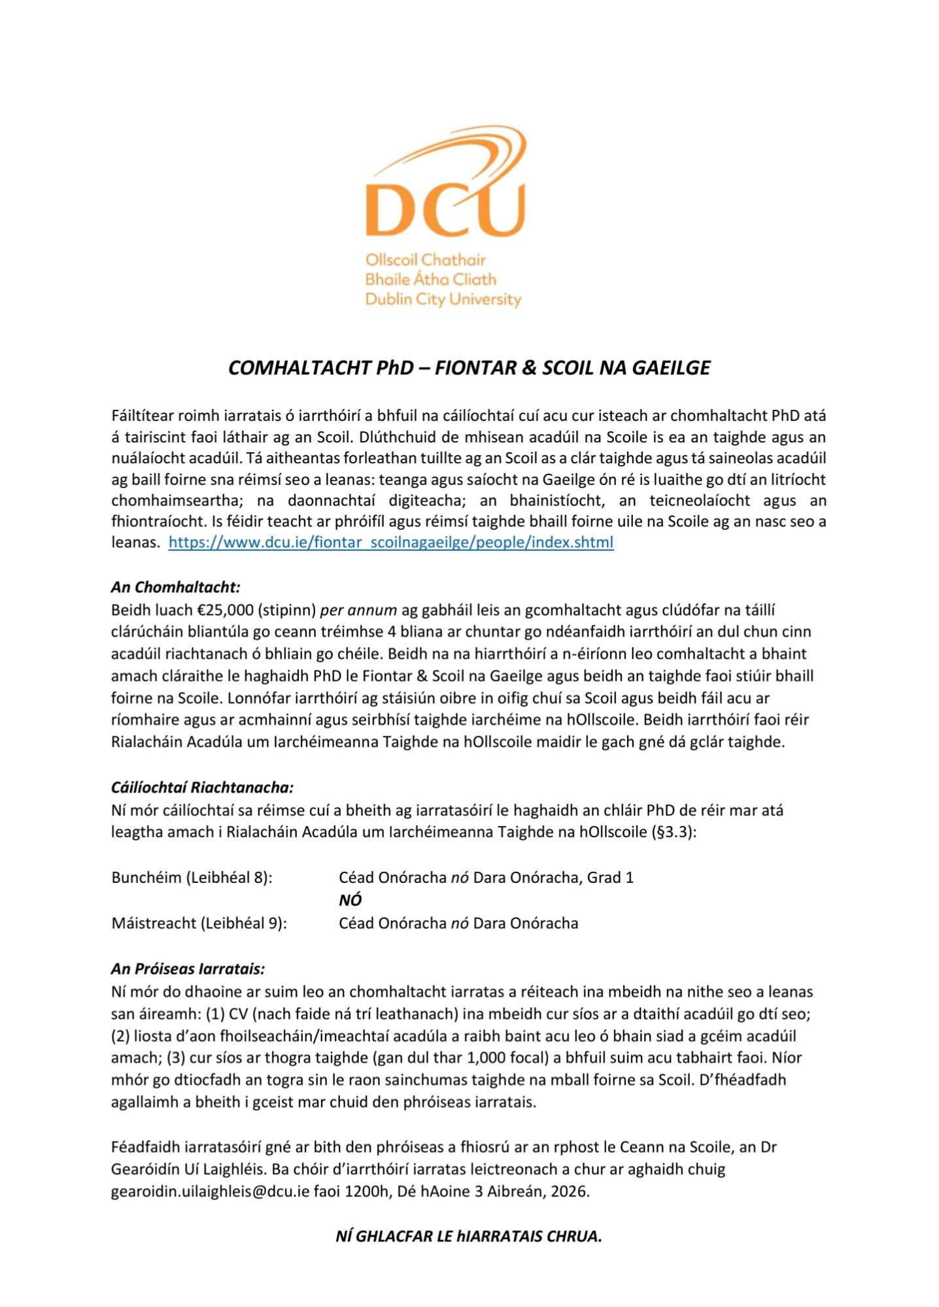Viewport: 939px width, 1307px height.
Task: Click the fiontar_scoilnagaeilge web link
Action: point(391,542)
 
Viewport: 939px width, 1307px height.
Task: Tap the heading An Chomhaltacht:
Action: point(176,587)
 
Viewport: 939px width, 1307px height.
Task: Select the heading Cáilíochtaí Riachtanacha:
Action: point(202,787)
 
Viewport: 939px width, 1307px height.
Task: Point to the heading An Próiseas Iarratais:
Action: point(188,968)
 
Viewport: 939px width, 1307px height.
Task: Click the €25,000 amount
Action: point(226,610)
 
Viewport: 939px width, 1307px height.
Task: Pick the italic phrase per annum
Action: point(358,610)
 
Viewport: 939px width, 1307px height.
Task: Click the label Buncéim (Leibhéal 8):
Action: point(192,877)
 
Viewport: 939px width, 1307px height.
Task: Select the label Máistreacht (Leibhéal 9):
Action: point(199,923)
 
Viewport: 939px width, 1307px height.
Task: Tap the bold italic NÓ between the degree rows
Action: point(350,900)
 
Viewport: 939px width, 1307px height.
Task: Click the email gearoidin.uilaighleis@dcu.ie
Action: point(210,1191)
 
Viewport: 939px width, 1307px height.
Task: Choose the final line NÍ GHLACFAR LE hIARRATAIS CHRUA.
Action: point(469,1236)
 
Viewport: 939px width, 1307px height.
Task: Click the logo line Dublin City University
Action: point(443,299)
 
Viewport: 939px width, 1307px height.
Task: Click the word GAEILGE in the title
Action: point(670,368)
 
